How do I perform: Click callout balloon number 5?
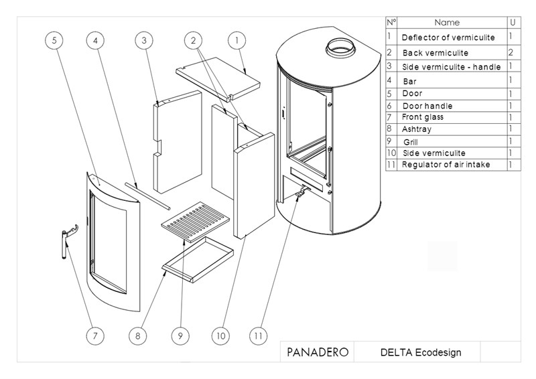click(55, 41)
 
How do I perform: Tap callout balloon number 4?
click(96, 41)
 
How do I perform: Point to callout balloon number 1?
click(237, 41)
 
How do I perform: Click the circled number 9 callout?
click(179, 335)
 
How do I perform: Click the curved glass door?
click(113, 241)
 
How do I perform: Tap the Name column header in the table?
click(447, 23)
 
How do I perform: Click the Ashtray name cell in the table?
click(417, 129)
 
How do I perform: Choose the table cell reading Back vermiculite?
click(444, 52)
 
